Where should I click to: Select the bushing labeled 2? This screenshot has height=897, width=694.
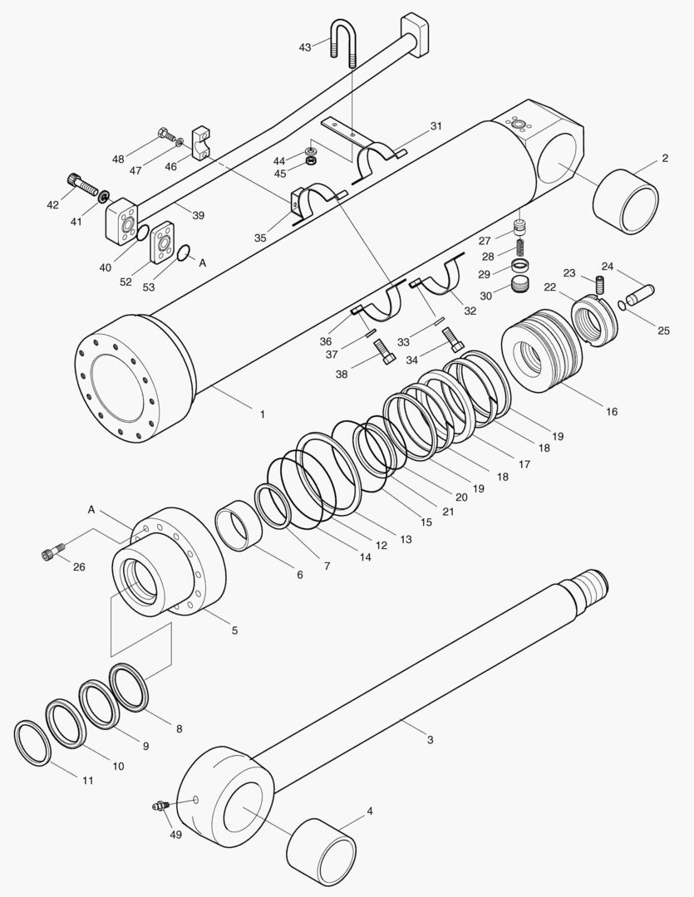click(x=626, y=201)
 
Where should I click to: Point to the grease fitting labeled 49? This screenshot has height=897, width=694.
click(x=160, y=805)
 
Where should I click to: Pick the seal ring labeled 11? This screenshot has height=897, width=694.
click(x=32, y=743)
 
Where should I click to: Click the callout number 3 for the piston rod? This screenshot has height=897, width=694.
click(x=430, y=739)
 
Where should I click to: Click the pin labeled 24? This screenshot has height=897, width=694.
click(x=642, y=293)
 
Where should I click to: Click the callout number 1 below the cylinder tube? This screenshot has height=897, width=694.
click(x=262, y=413)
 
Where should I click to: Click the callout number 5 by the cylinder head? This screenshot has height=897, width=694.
click(x=234, y=630)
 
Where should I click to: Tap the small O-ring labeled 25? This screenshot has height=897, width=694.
click(x=622, y=306)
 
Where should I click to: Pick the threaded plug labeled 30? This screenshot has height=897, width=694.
click(x=520, y=287)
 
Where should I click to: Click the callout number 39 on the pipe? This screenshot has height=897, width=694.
click(x=198, y=215)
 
